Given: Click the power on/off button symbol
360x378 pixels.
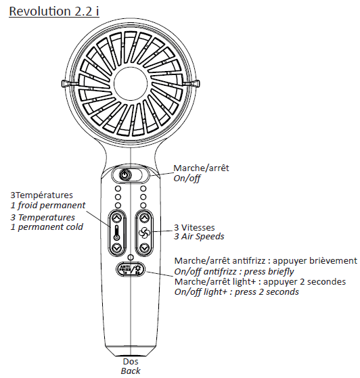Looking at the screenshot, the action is point(125,174).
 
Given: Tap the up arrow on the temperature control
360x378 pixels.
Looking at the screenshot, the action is point(117,218).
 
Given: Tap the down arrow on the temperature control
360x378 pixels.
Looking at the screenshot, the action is point(117,247).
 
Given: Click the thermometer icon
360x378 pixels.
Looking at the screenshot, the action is point(117,233).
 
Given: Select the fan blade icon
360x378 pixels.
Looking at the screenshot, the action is point(144,233).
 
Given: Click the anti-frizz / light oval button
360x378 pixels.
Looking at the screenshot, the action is point(131,269).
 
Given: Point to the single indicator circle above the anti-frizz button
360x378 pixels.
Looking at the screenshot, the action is point(131,257).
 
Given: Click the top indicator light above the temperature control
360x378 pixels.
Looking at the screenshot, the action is point(118,189).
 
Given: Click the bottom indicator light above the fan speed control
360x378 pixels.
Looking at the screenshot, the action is point(143,205).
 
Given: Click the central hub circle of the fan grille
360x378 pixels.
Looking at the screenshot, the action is point(131,84).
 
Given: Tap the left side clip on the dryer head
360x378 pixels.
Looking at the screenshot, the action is point(66,83).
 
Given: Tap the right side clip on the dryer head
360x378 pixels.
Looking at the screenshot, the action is point(194,83).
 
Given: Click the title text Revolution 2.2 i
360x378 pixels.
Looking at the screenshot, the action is point(54,11).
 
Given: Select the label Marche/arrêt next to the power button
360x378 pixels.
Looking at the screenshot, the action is point(201,168).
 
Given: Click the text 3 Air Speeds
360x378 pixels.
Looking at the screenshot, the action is point(199,237).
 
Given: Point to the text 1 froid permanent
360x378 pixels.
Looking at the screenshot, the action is point(48,206).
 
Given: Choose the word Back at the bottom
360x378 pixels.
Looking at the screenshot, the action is point(131,371).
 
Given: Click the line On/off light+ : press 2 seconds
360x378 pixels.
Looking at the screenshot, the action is point(236,292).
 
